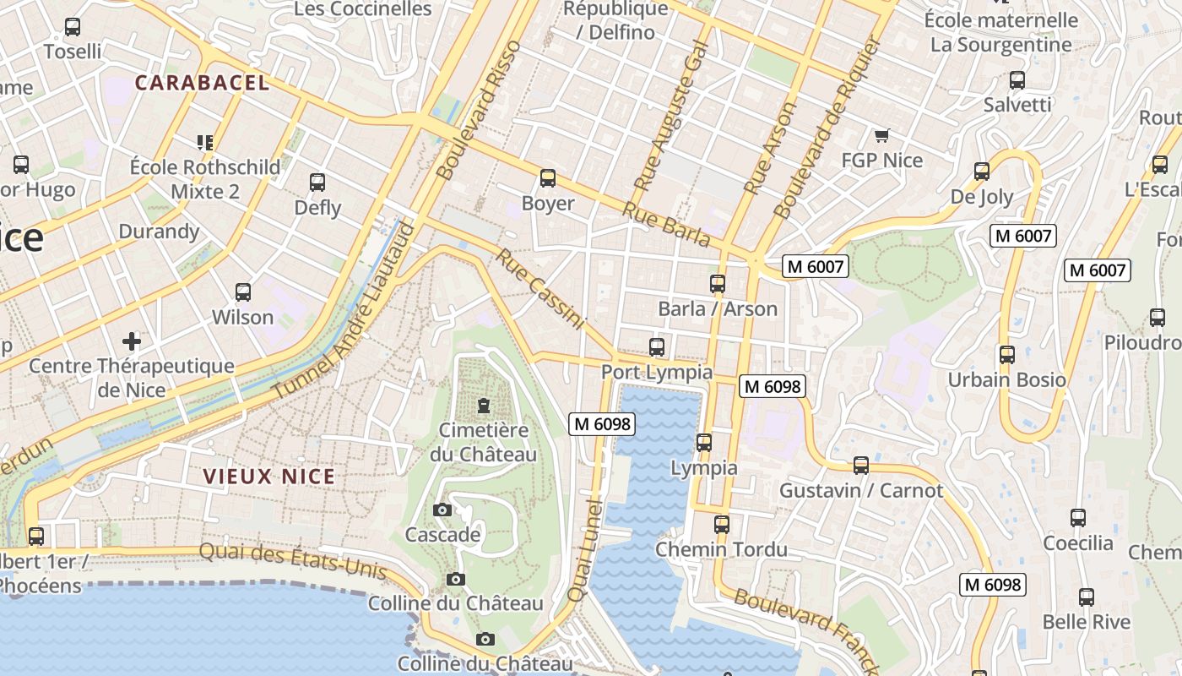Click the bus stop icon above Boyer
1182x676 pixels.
pyautogui.click(x=548, y=178)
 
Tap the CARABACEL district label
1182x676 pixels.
pyautogui.click(x=202, y=83)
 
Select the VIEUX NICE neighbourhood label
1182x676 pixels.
pyautogui.click(x=269, y=477)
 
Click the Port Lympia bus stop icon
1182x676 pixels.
pyautogui.click(x=656, y=346)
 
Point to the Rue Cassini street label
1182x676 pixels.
pyautogui.click(x=540, y=289)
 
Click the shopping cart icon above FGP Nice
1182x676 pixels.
pyautogui.click(x=882, y=135)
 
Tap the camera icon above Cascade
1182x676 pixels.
pyautogui.click(x=442, y=510)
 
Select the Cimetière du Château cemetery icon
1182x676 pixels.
pyautogui.click(x=484, y=406)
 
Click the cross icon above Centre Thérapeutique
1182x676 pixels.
pyautogui.click(x=131, y=341)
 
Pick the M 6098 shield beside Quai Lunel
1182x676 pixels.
pyautogui.click(x=602, y=424)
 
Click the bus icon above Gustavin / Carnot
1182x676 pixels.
pyautogui.click(x=860, y=465)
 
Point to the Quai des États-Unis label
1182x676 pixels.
pyautogui.click(x=292, y=561)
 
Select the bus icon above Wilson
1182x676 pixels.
pyautogui.click(x=243, y=292)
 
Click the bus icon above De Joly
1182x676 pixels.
pyautogui.click(x=981, y=172)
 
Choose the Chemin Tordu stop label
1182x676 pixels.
pyautogui.click(x=721, y=550)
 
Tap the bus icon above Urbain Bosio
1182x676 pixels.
pyautogui.click(x=1006, y=355)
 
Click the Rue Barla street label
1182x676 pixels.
pyautogui.click(x=666, y=224)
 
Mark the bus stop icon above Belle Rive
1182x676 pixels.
pyautogui.click(x=1086, y=597)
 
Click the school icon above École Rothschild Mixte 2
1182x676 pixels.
pyautogui.click(x=204, y=142)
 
